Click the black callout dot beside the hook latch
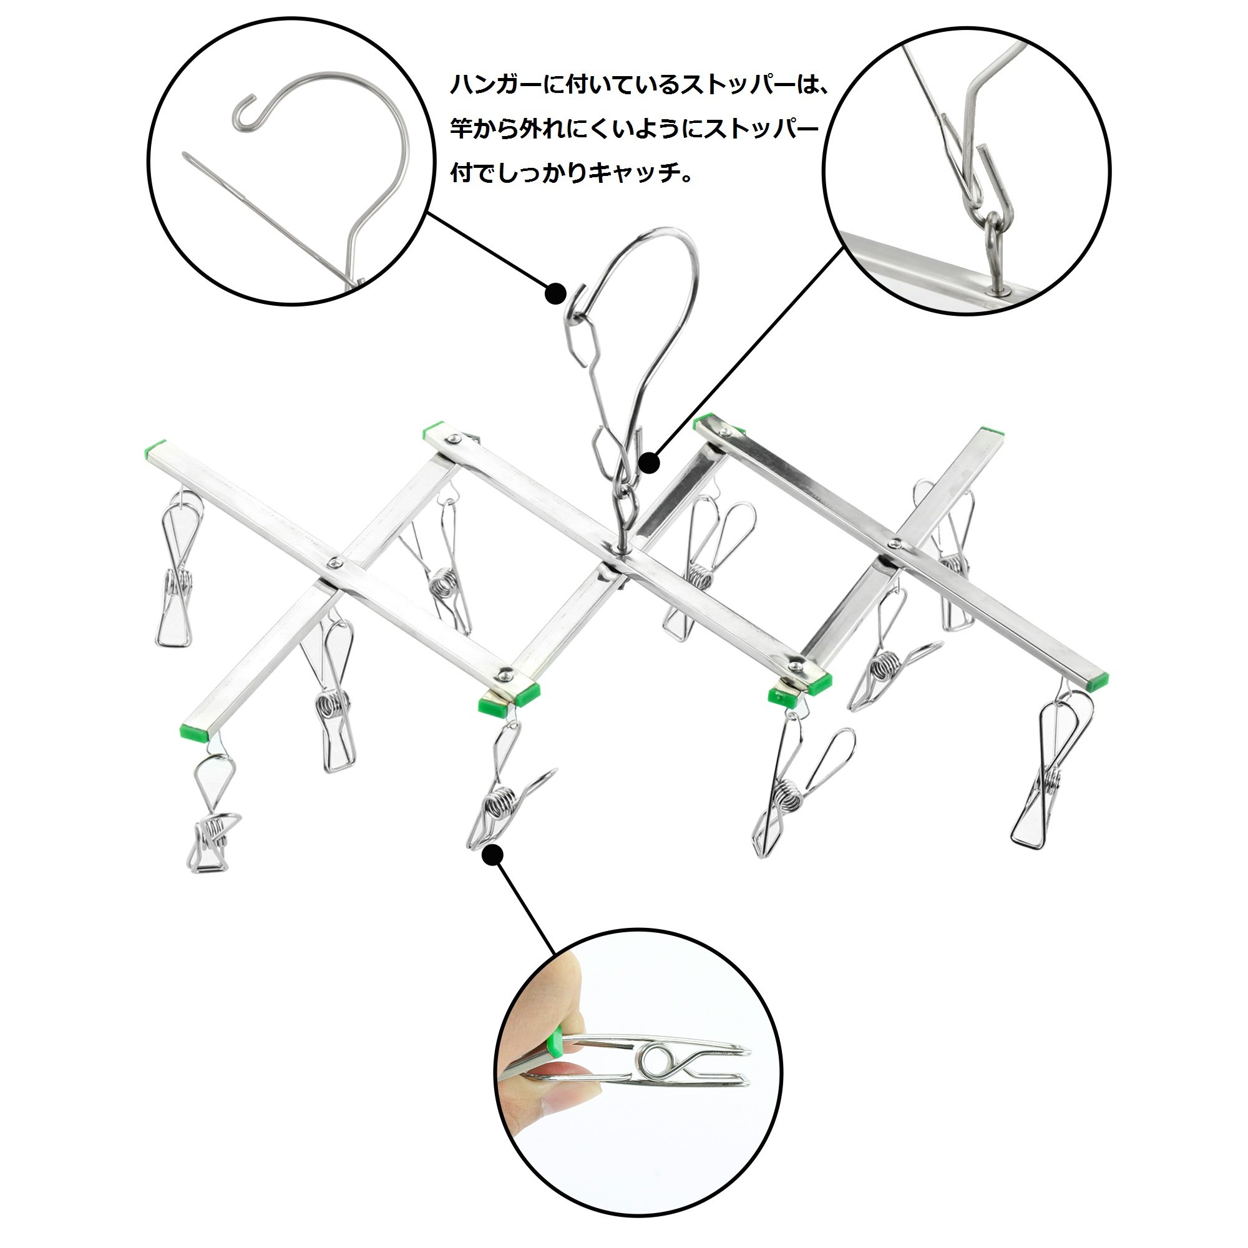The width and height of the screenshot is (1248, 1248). point(555,294)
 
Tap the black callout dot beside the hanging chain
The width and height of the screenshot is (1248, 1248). point(649,463)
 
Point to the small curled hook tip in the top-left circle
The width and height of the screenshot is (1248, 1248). point(246,110)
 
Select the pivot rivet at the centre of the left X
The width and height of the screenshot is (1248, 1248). point(334,563)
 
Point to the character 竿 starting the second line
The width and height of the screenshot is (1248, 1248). point(462,129)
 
